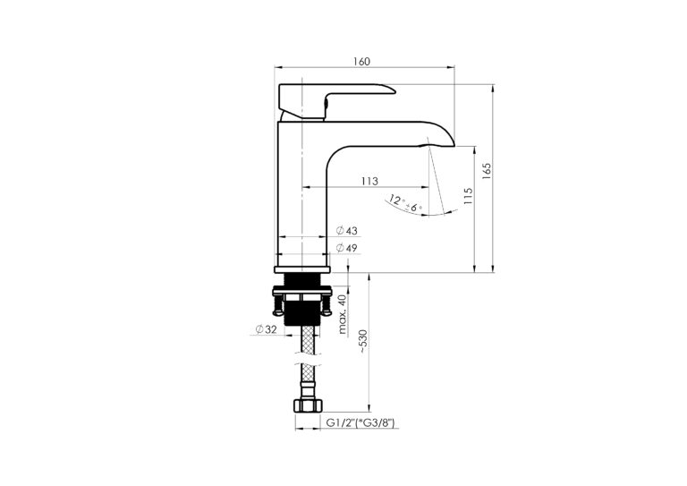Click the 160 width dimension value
362,62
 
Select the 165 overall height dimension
487,171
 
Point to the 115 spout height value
468,197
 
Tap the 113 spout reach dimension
369,181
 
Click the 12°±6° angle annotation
405,204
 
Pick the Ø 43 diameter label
346,231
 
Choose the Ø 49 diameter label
346,248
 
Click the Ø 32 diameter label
266,329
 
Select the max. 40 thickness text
343,314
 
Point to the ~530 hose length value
363,341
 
